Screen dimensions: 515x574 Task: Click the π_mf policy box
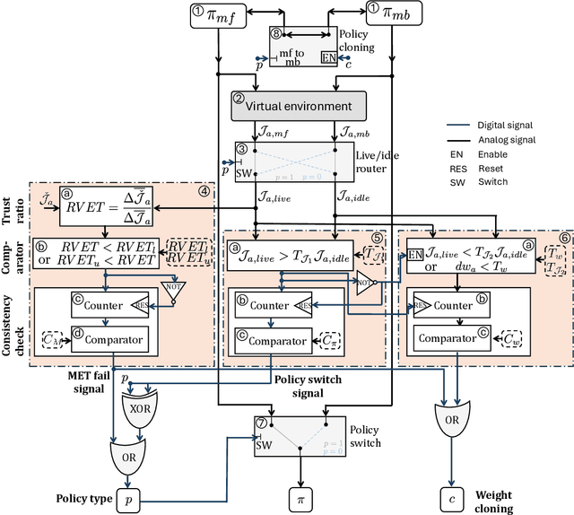point(217,13)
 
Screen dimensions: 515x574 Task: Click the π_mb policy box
point(391,13)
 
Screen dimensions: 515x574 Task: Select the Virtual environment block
point(298,106)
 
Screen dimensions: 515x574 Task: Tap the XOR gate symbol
point(141,405)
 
